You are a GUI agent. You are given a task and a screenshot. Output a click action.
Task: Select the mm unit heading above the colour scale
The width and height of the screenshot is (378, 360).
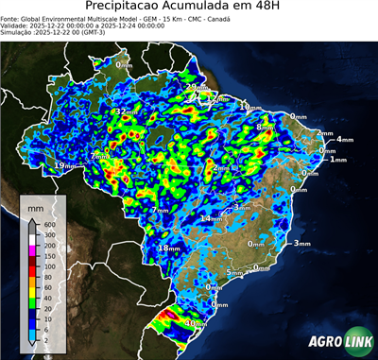pos(35,205)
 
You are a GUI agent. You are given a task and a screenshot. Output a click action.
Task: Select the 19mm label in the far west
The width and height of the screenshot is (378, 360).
pos(62,165)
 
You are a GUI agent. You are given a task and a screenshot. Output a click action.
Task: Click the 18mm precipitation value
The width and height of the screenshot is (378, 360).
pos(168,248)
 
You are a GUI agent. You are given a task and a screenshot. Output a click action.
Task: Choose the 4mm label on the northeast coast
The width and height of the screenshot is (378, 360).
pos(344,139)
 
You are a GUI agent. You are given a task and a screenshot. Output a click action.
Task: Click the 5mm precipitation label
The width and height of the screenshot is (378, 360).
pos(233,273)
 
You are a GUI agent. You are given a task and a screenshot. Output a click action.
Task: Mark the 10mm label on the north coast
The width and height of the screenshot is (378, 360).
pos(249,108)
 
